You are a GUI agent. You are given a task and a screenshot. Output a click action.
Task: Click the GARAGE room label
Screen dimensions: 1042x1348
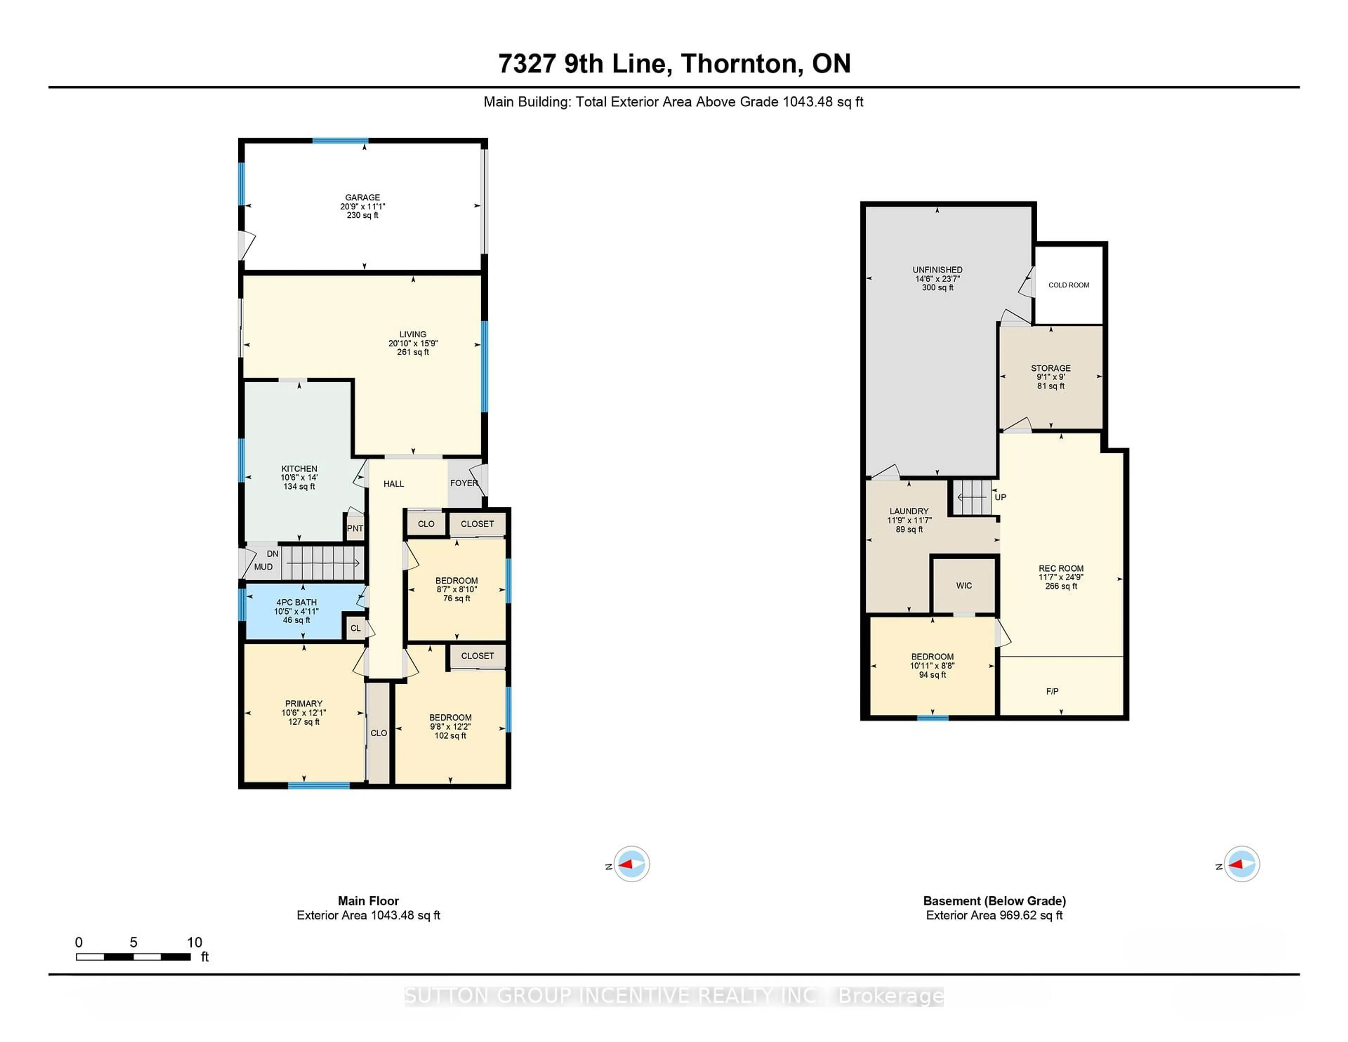(x=362, y=198)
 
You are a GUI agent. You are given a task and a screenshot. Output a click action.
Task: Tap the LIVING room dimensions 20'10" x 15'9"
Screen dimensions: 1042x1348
(x=412, y=343)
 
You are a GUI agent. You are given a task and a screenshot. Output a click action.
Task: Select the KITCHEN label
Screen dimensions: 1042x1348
(x=299, y=469)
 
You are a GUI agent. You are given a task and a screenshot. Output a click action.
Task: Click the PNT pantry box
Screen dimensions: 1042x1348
(x=355, y=528)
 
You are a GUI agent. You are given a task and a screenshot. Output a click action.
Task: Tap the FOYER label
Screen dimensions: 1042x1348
(x=463, y=483)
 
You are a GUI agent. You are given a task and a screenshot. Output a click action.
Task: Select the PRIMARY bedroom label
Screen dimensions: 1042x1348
(x=304, y=703)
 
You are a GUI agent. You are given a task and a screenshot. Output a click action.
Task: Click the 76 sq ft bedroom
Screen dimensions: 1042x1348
(x=457, y=589)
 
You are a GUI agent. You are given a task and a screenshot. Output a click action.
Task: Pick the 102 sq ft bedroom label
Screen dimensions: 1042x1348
(x=451, y=717)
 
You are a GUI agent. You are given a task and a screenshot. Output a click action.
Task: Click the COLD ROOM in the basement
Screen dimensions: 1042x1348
(x=1069, y=285)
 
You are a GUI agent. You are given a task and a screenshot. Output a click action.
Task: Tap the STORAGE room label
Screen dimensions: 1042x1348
(x=1051, y=368)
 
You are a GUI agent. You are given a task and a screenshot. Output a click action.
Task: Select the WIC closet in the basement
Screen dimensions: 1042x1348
(x=964, y=585)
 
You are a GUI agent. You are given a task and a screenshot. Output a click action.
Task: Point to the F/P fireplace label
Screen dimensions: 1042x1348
(x=1052, y=691)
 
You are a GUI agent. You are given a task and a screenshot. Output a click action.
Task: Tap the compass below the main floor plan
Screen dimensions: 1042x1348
(x=632, y=864)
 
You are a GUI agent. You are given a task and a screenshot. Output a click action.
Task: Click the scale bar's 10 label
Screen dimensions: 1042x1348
(x=194, y=942)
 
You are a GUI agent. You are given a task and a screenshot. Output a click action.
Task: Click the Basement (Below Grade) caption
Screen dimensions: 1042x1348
(x=995, y=901)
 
